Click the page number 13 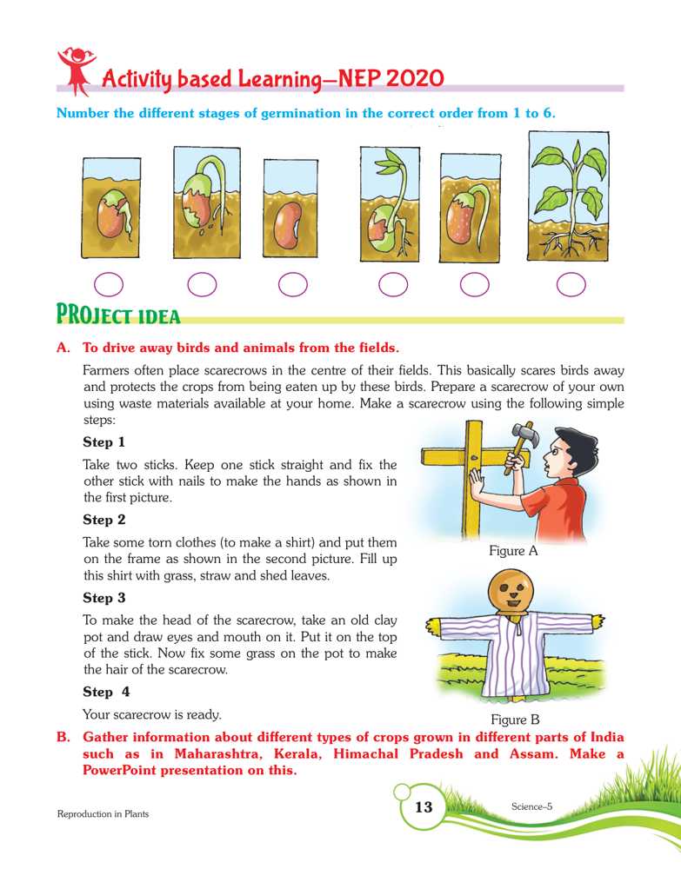click(424, 807)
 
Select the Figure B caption click(516, 720)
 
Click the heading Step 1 click(103, 442)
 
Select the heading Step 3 click(103, 598)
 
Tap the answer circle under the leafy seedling click(571, 283)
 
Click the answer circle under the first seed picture click(108, 283)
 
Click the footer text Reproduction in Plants click(103, 813)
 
